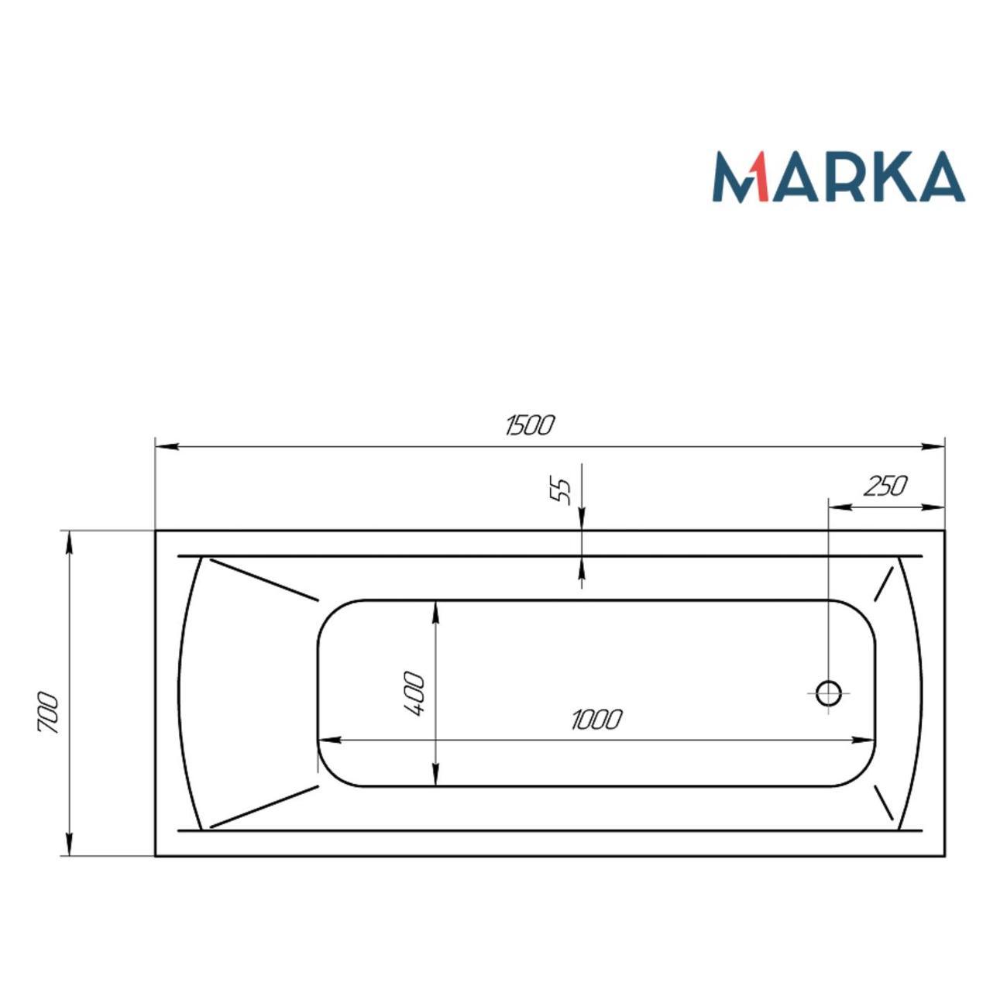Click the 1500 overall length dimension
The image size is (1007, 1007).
point(529,424)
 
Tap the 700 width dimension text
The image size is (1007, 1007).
point(48,713)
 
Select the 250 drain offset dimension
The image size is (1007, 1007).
point(885,486)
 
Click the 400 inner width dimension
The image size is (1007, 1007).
point(414,694)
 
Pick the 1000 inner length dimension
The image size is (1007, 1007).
point(596,720)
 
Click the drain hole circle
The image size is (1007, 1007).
point(828,693)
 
